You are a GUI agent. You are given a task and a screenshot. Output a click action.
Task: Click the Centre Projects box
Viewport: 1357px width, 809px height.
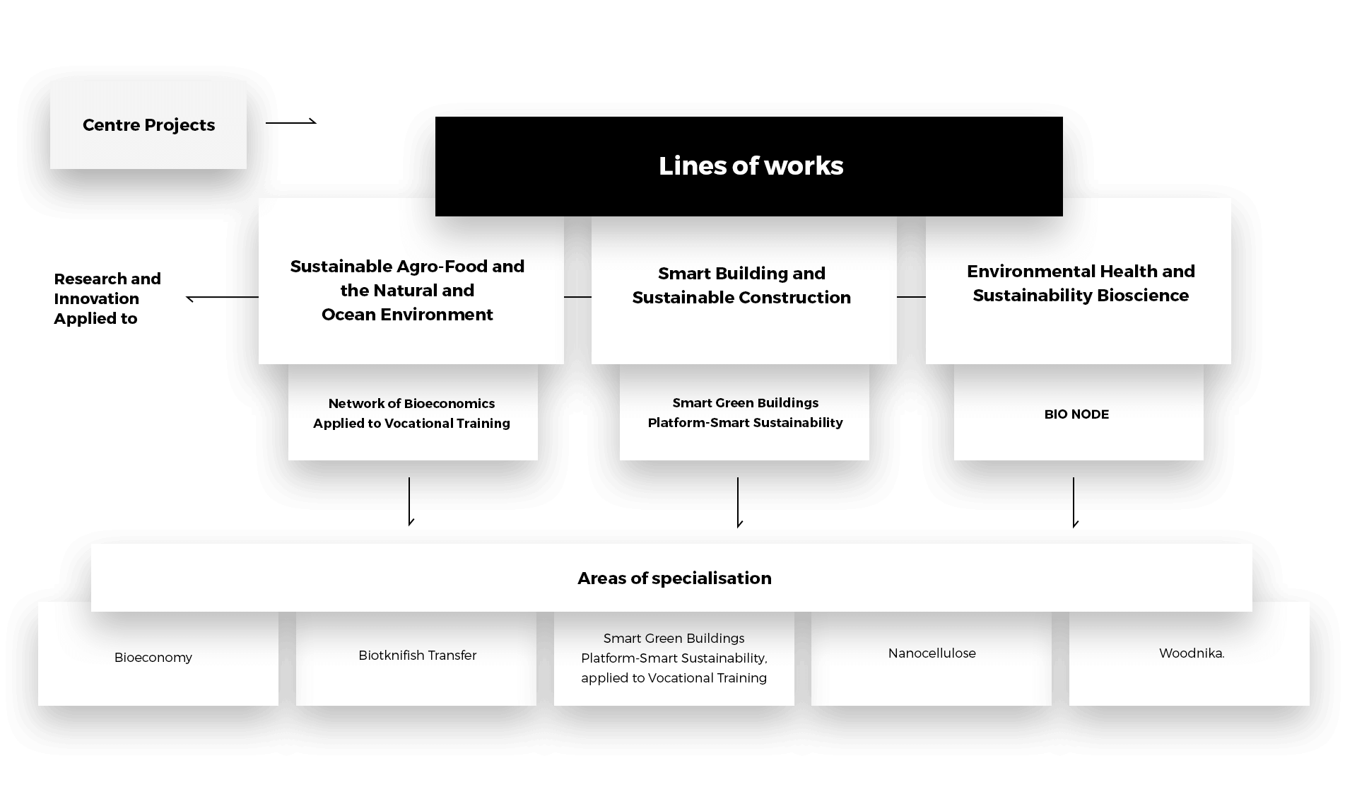[148, 125]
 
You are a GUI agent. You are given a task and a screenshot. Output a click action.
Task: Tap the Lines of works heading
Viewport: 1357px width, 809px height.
[751, 166]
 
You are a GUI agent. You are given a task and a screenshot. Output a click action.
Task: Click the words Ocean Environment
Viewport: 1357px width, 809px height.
[407, 315]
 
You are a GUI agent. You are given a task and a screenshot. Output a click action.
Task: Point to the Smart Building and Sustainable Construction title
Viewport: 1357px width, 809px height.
[741, 286]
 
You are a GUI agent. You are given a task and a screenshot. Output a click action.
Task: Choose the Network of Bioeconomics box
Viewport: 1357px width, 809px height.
[412, 413]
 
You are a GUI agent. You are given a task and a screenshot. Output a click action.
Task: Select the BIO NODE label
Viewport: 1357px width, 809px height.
[1076, 414]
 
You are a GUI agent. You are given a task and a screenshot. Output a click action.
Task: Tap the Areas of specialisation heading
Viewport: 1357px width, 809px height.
[674, 578]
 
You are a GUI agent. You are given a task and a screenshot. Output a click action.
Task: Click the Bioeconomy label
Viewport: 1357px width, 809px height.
[153, 658]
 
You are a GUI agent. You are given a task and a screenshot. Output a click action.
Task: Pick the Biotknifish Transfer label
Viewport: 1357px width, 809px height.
[417, 656]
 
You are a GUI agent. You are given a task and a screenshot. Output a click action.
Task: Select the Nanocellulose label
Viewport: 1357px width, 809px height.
[932, 653]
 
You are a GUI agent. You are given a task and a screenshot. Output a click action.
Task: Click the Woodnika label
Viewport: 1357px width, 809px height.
[1191, 653]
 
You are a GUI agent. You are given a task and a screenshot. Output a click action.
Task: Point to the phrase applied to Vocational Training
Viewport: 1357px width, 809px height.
[674, 678]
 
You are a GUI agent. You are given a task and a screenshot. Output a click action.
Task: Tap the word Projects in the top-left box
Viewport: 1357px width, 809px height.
[180, 125]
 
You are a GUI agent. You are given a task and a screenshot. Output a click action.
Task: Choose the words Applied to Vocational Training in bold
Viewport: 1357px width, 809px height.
[411, 424]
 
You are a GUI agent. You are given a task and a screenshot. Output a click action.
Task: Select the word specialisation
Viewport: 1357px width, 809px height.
[712, 578]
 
